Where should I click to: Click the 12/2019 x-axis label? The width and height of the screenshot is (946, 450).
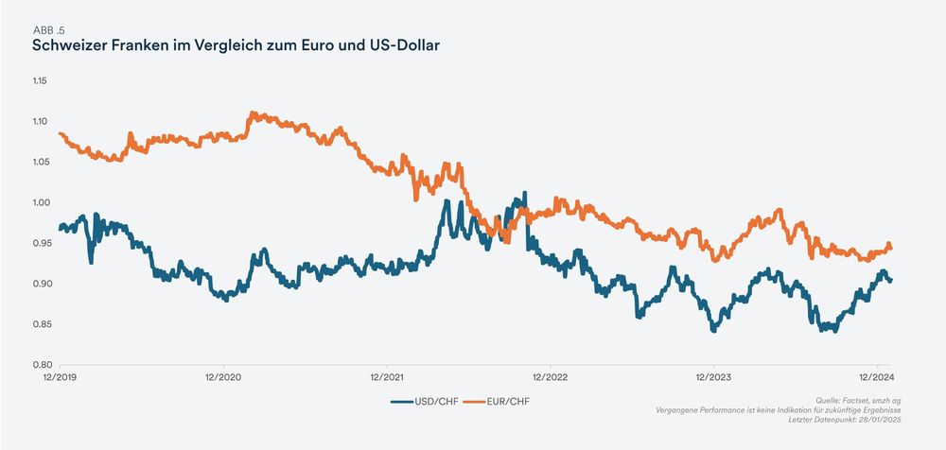pyautogui.click(x=60, y=376)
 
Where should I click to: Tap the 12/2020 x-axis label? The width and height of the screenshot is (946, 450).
pyautogui.click(x=222, y=376)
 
